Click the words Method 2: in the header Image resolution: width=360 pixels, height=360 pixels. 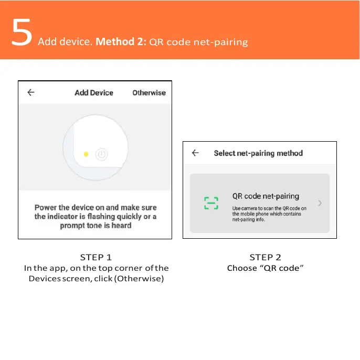(x=121, y=41)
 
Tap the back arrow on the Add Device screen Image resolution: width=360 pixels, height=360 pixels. (x=31, y=92)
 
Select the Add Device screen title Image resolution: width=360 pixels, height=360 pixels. (x=94, y=93)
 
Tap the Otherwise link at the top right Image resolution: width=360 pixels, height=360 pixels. (x=149, y=93)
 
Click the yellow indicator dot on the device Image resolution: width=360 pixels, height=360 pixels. (x=86, y=154)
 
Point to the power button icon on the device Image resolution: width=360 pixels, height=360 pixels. (x=102, y=154)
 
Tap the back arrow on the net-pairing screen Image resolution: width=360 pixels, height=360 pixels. (x=195, y=153)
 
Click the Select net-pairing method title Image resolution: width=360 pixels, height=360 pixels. (x=258, y=153)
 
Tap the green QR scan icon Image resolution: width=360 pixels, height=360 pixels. (x=211, y=203)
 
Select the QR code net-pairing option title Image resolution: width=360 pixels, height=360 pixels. (x=266, y=196)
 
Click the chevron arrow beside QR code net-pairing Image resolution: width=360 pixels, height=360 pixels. (x=320, y=203)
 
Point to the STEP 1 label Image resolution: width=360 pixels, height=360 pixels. (x=96, y=257)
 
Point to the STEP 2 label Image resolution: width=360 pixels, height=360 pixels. (x=265, y=257)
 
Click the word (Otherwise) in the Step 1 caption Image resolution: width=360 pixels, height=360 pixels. (x=139, y=278)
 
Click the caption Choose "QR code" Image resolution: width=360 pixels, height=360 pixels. (x=266, y=268)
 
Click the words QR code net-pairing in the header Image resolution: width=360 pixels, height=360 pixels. (x=199, y=42)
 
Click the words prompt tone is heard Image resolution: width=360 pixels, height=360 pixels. (x=96, y=226)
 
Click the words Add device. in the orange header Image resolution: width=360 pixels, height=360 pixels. (x=65, y=42)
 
